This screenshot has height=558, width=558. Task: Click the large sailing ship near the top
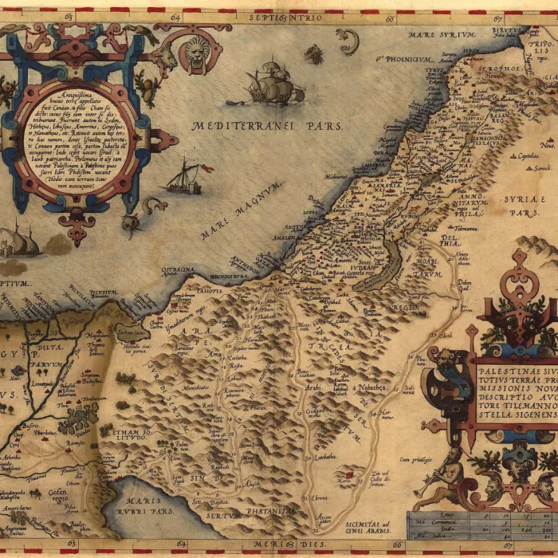pyautogui.click(x=271, y=82)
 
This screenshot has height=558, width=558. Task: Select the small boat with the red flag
pyautogui.click(x=186, y=176)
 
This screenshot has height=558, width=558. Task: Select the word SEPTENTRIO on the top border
pyautogui.click(x=285, y=17)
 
